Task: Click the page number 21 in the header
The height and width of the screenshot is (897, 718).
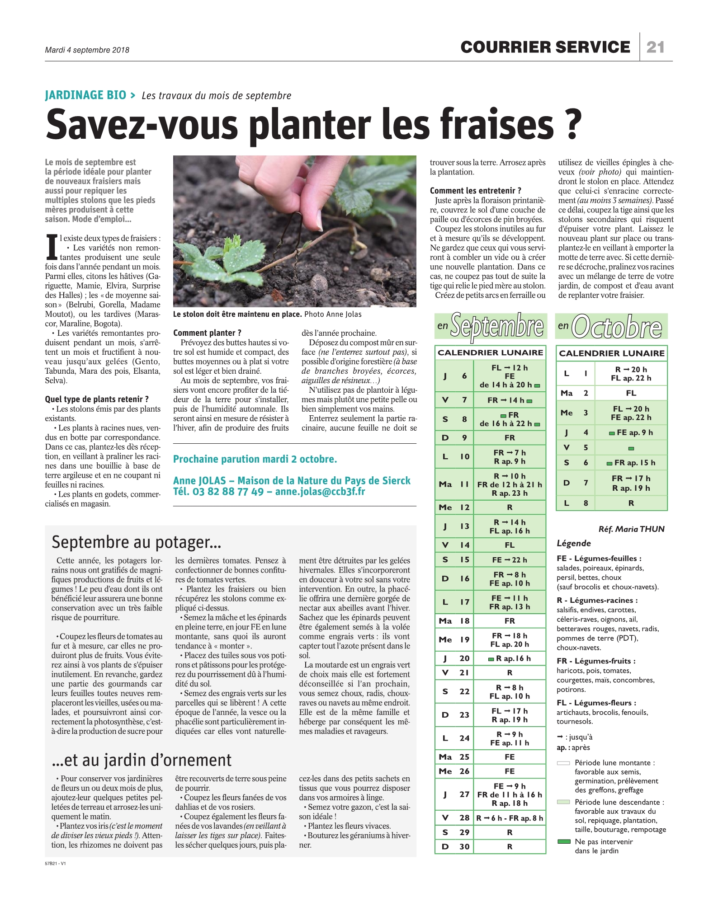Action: pos(655,47)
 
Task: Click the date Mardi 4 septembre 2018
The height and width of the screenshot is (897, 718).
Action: pos(87,50)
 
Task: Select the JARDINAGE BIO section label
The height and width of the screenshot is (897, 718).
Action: pos(85,95)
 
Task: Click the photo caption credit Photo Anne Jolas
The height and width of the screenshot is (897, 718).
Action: pos(333,314)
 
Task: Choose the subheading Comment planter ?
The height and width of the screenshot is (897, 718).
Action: pos(207,333)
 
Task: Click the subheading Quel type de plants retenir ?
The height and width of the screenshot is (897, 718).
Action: pos(97,399)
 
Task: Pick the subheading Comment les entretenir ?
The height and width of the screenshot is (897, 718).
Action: pos(475,190)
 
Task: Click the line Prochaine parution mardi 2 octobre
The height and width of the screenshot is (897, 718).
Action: pos(255,459)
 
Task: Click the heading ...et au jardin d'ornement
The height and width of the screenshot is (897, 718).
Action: pos(142,760)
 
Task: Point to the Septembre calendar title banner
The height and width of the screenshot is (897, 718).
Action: pos(491,326)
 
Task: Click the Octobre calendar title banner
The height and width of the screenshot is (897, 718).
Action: pos(611,326)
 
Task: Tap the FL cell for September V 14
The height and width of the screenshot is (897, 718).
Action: pos(510,545)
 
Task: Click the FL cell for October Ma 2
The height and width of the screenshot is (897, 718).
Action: pos(631,393)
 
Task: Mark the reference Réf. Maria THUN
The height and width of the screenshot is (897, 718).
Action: pos(631,529)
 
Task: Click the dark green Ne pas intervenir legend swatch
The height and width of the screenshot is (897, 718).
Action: pos(563,841)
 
